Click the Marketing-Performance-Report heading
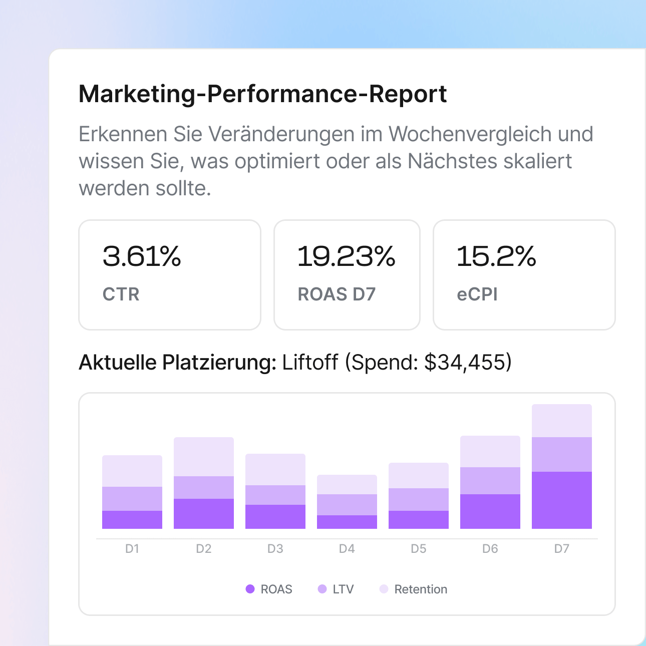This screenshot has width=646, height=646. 262,94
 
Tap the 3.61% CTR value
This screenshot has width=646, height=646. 142,256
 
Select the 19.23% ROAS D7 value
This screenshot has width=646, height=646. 346,256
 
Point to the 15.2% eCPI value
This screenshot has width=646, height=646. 496,256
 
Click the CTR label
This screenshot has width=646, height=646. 121,294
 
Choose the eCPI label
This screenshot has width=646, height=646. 477,294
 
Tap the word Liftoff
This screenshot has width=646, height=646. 310,362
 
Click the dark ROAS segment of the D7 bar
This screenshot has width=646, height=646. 561,500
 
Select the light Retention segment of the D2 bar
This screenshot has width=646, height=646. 203,457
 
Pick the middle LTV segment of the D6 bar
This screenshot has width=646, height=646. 490,481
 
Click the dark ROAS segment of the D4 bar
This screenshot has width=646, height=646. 347,522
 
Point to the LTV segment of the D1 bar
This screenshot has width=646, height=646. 132,499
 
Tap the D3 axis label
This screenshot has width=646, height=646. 275,549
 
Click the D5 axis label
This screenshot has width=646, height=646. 418,549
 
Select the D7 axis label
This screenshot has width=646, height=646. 561,549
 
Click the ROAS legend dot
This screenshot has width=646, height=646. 250,589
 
